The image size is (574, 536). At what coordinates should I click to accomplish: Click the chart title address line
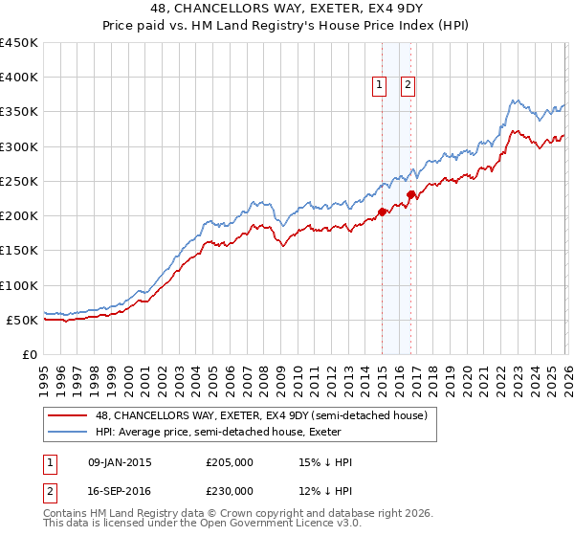286,9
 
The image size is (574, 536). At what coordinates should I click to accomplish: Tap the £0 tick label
29,354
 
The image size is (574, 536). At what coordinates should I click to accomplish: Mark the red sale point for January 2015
382,212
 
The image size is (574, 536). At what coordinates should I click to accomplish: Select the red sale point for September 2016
410,194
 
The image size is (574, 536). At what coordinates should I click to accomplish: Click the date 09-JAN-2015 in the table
119,462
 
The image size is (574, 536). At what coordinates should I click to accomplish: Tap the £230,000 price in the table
230,490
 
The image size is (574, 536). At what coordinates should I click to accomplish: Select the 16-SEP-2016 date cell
119,490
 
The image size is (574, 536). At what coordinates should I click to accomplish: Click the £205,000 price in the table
230,462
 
